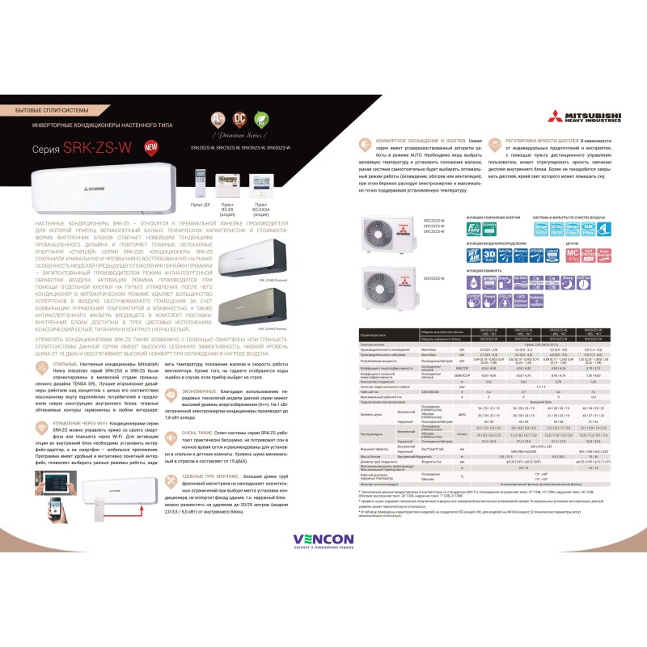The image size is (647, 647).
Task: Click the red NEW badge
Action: [150, 147]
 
